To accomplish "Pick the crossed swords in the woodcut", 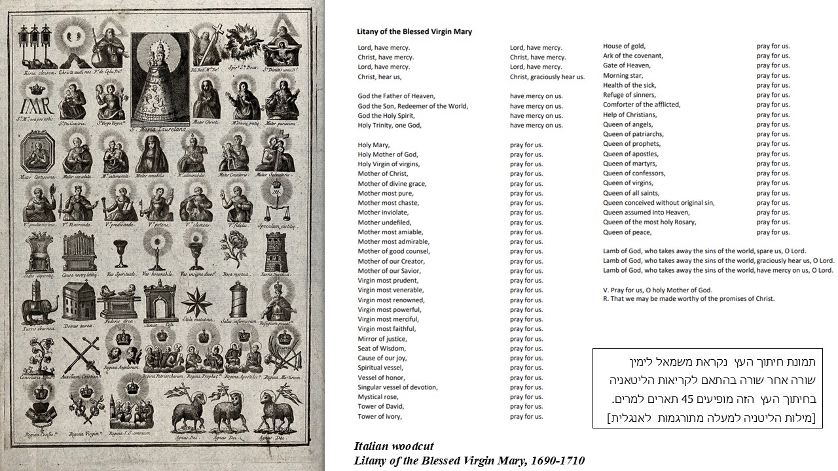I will coord(77,353).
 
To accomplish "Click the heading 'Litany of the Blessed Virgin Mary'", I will coord(414,31).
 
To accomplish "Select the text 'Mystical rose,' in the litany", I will coord(380,397).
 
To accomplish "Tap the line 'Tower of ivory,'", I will coord(380,417).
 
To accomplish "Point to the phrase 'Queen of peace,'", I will coord(627,232).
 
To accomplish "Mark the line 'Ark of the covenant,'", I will coord(632,56).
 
